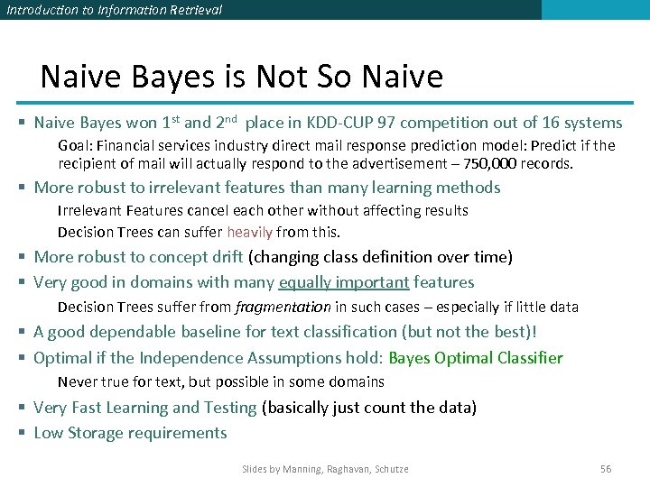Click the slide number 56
click(x=606, y=469)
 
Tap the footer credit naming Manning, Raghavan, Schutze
click(x=325, y=469)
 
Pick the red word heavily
click(x=251, y=232)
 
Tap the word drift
click(x=223, y=257)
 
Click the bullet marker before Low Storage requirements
click(x=22, y=433)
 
